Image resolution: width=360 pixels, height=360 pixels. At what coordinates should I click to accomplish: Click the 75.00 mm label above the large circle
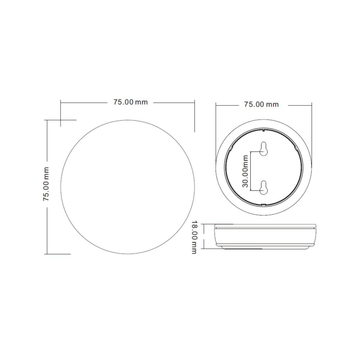(x=130, y=102)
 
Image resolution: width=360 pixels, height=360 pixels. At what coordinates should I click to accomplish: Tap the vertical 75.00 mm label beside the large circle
(x=46, y=184)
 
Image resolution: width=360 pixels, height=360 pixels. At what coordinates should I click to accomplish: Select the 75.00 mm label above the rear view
(x=261, y=104)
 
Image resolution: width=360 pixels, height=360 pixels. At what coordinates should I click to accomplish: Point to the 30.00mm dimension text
(x=245, y=171)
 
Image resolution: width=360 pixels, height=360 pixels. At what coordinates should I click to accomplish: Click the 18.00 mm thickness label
(x=194, y=237)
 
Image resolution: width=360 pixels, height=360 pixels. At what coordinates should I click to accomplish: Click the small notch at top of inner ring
(x=264, y=130)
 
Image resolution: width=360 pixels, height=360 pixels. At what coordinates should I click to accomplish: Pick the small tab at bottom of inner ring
(x=264, y=204)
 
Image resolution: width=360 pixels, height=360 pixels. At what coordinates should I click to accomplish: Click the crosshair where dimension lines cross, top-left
(x=60, y=120)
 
